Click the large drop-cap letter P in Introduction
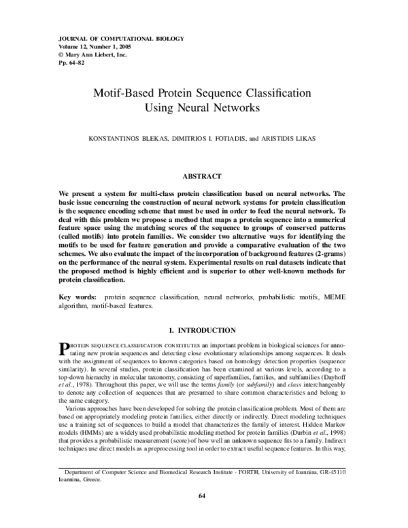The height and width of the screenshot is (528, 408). pos(65,349)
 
